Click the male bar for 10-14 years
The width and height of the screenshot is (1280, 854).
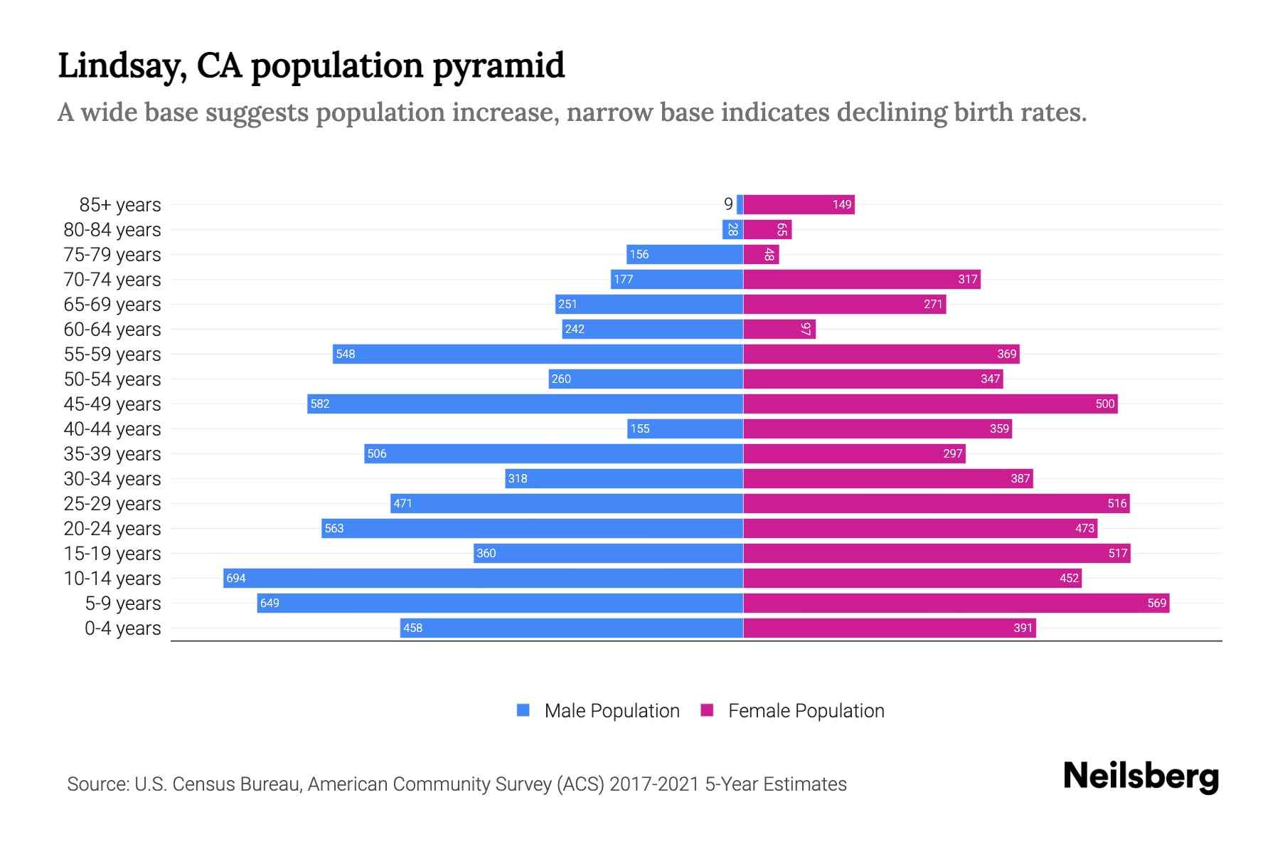tap(484, 578)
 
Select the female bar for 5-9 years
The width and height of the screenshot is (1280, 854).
tap(956, 603)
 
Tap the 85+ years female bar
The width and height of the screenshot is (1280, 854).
tap(799, 204)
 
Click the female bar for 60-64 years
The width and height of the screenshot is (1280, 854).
tap(779, 329)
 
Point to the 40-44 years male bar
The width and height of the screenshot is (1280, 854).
tap(685, 428)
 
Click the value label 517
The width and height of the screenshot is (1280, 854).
tap(1118, 553)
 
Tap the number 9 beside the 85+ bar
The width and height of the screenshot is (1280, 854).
tap(728, 204)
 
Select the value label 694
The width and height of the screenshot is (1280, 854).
tap(236, 578)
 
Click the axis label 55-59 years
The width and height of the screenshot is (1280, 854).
tap(112, 354)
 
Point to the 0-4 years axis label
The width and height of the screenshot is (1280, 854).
tap(122, 628)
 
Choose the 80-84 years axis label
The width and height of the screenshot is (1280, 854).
tap(112, 229)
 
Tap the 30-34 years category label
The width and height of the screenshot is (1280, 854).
tap(112, 478)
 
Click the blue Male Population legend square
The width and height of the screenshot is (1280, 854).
tap(523, 710)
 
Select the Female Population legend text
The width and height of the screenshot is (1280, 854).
tap(806, 710)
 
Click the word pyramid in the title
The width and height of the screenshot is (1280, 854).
tap(498, 65)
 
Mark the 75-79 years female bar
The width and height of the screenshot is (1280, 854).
tap(761, 254)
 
